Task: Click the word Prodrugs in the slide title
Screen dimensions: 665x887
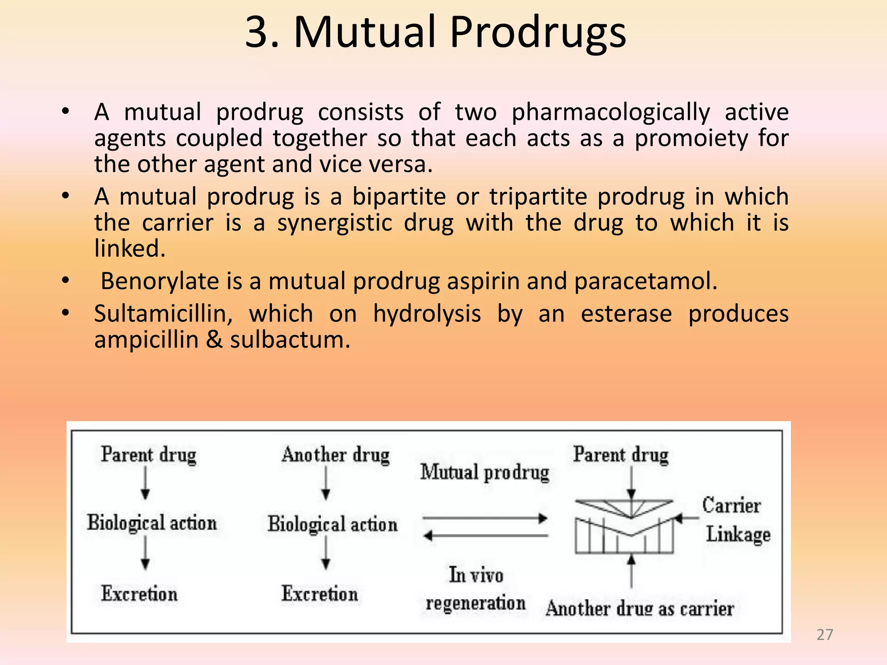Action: click(x=537, y=33)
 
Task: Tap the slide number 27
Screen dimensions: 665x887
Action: click(x=825, y=635)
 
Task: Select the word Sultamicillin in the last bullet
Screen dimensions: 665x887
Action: click(x=163, y=313)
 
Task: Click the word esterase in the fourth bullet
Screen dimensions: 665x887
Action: click(x=626, y=313)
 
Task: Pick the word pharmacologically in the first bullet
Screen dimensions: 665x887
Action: click(x=611, y=112)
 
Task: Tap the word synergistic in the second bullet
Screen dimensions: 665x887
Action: click(x=335, y=223)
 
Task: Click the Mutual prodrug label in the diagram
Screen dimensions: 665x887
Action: click(x=485, y=472)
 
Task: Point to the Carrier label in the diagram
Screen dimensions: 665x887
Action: click(x=731, y=505)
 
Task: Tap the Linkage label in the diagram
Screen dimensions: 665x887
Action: click(x=738, y=534)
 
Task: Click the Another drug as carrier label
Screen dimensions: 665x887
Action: click(x=639, y=609)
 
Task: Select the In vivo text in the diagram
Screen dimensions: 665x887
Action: click(x=476, y=575)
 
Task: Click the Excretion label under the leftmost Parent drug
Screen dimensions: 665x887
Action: click(x=139, y=594)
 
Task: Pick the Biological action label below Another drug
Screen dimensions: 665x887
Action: click(x=332, y=524)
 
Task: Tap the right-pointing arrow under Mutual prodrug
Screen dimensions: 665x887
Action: click(x=485, y=518)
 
